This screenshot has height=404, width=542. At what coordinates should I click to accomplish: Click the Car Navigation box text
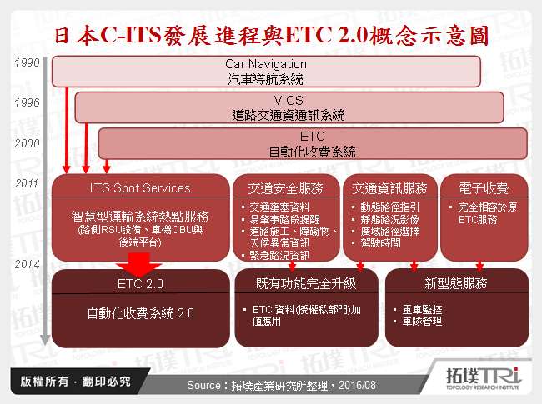(x=266, y=63)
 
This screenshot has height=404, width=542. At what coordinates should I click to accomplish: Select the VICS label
(x=289, y=100)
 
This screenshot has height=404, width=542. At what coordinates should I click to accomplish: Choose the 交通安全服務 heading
(x=286, y=187)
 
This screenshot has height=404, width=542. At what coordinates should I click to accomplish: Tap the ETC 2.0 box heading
(x=140, y=284)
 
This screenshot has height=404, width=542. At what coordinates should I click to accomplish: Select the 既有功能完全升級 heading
(x=306, y=284)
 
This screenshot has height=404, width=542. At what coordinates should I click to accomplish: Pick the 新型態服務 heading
(x=457, y=284)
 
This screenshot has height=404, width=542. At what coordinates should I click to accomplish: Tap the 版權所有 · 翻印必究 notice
(x=75, y=382)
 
